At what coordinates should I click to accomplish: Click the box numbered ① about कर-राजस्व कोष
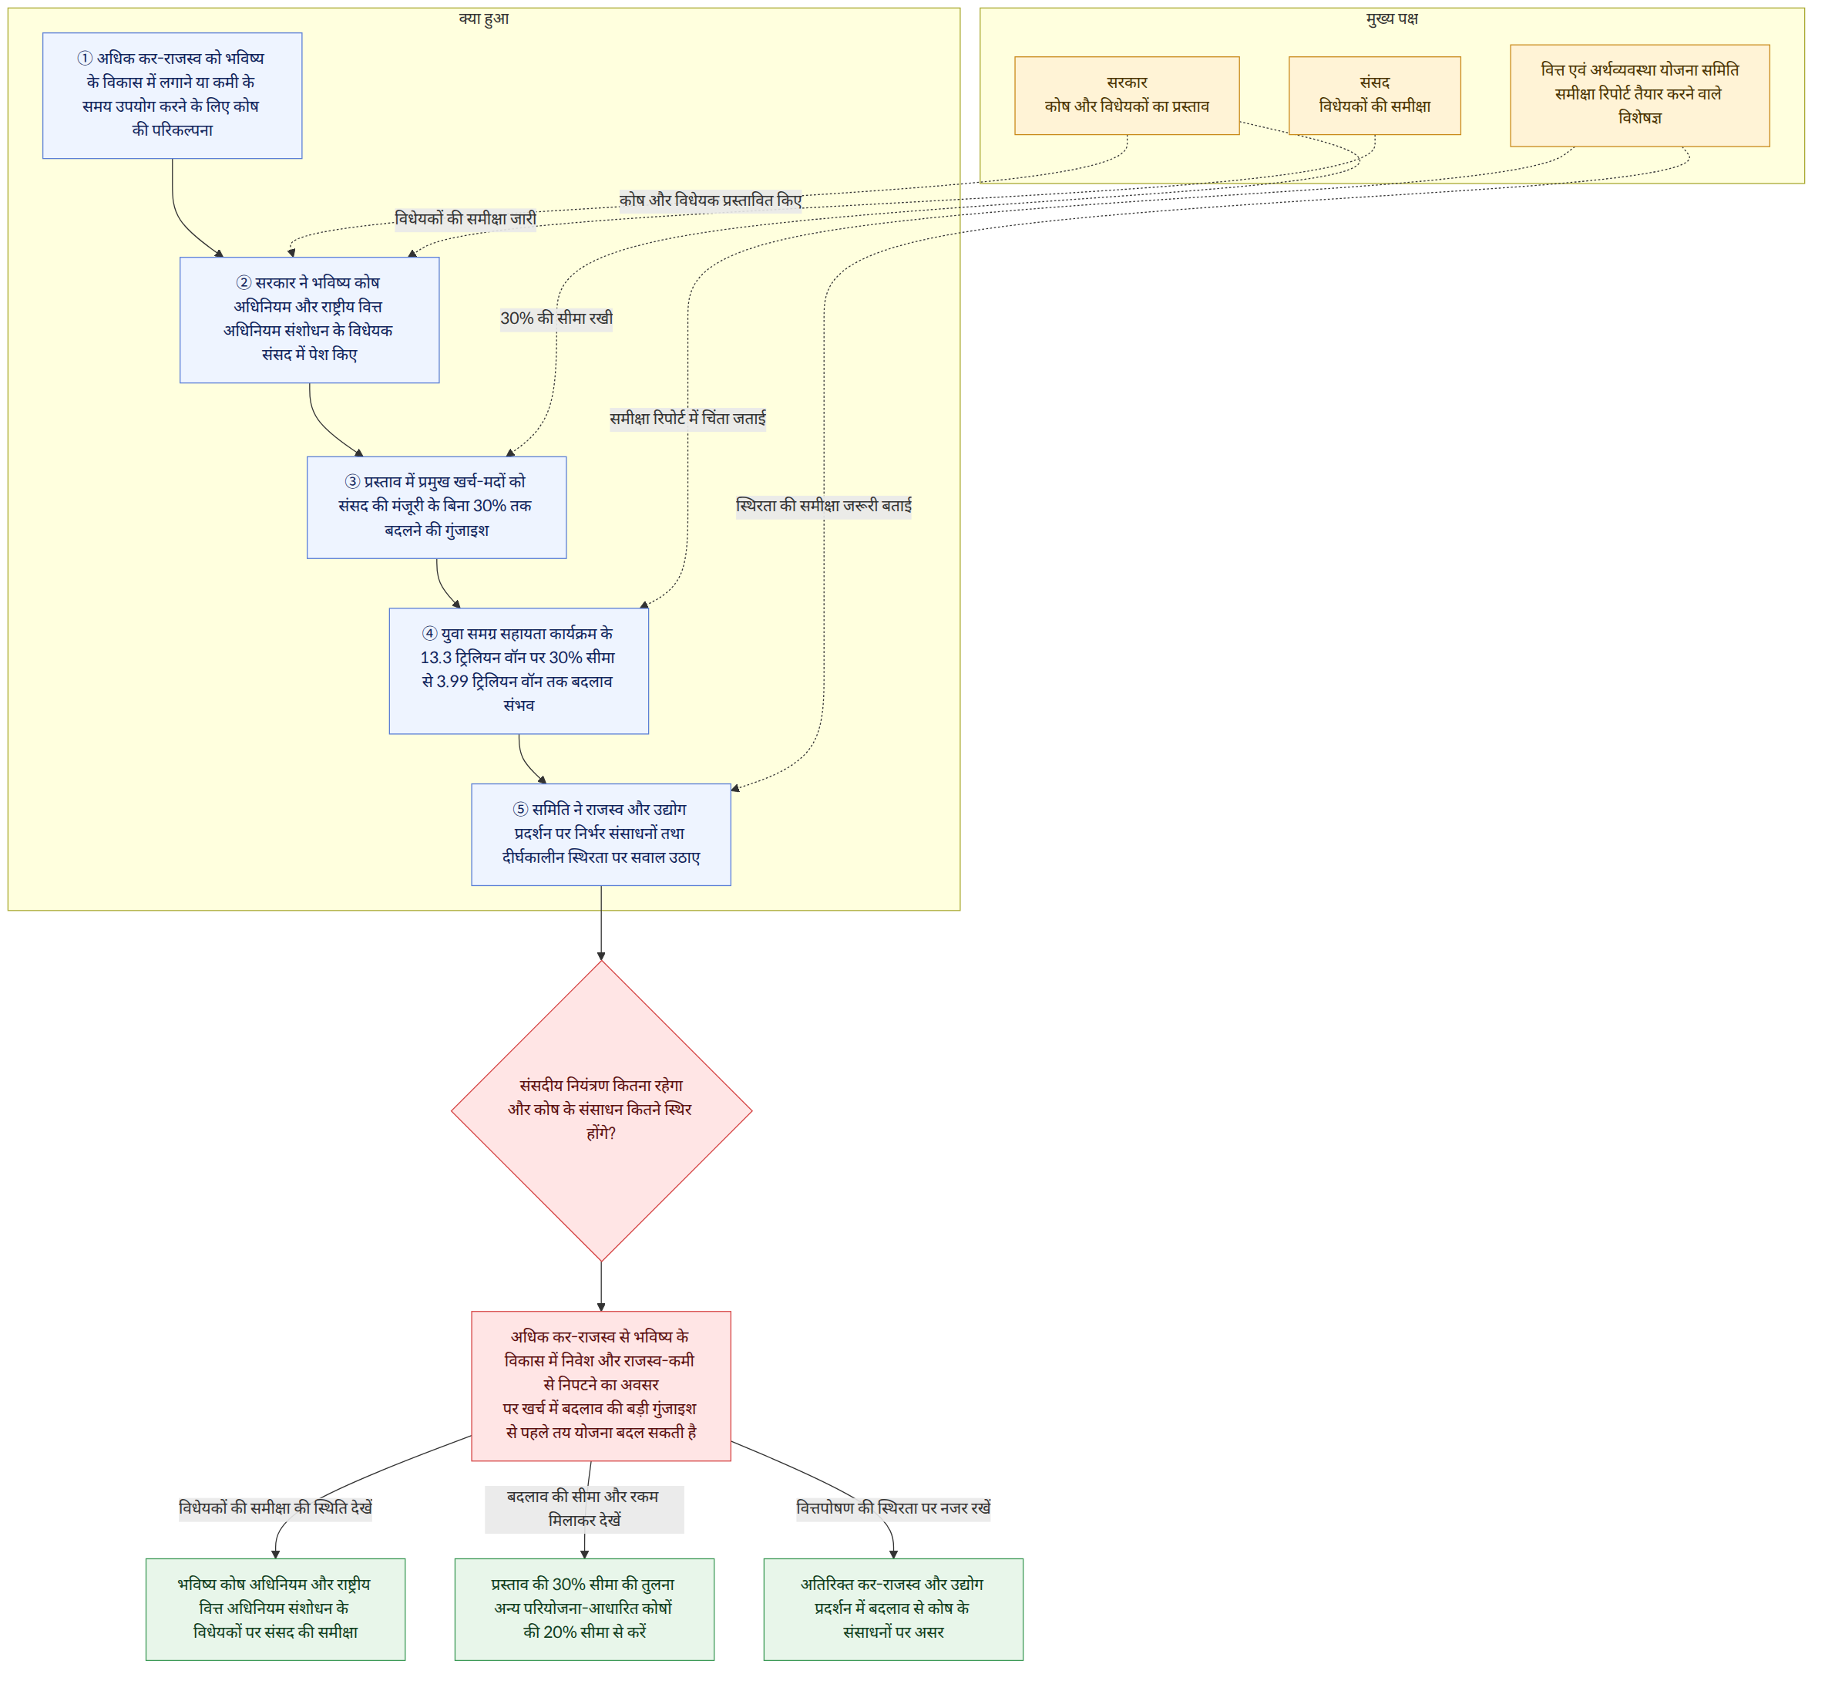[173, 96]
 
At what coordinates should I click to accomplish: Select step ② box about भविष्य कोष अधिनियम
[310, 320]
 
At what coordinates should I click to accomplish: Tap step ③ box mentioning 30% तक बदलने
[438, 507]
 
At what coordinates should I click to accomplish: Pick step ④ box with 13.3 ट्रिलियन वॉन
[519, 672]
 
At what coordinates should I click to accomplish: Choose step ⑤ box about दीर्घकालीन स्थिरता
[602, 835]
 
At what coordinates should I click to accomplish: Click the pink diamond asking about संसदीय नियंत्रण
[602, 1112]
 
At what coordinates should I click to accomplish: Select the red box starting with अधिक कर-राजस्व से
[602, 1386]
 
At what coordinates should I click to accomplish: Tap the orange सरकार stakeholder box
[1128, 96]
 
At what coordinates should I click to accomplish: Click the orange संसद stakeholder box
[1376, 96]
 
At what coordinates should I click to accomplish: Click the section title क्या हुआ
[484, 19]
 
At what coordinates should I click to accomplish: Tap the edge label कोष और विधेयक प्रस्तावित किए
[711, 200]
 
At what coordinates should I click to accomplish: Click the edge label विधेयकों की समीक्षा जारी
[465, 219]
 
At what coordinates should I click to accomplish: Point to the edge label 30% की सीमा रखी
[556, 318]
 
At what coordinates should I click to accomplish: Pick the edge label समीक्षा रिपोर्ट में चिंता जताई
[688, 419]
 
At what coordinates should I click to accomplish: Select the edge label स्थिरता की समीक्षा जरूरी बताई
[825, 506]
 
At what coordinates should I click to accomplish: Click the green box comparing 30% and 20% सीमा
[585, 1610]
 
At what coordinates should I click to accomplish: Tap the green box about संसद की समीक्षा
[276, 1610]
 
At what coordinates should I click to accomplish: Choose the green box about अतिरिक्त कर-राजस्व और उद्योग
[894, 1610]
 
